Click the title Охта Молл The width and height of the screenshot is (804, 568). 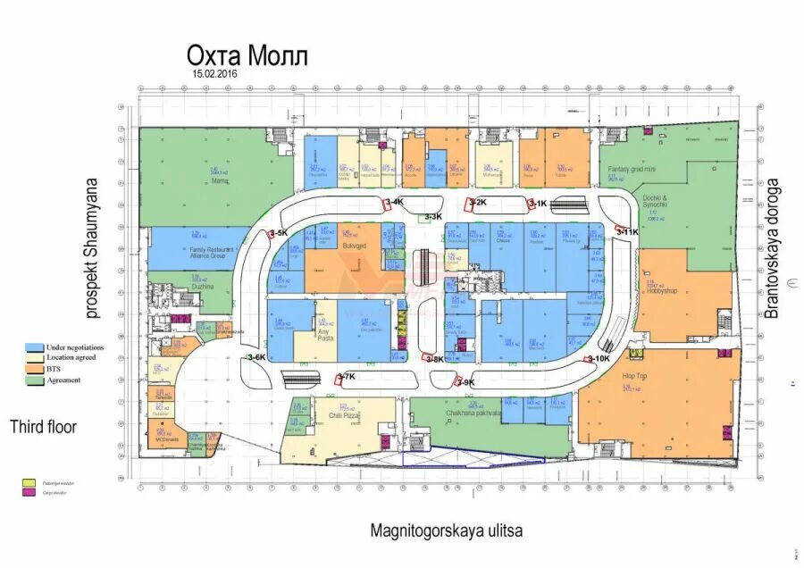[246, 57]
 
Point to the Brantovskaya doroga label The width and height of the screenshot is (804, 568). [774, 249]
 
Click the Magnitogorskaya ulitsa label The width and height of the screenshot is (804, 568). [447, 530]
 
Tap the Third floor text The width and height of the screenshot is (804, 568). [43, 427]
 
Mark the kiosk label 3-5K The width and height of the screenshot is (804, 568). [278, 233]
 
